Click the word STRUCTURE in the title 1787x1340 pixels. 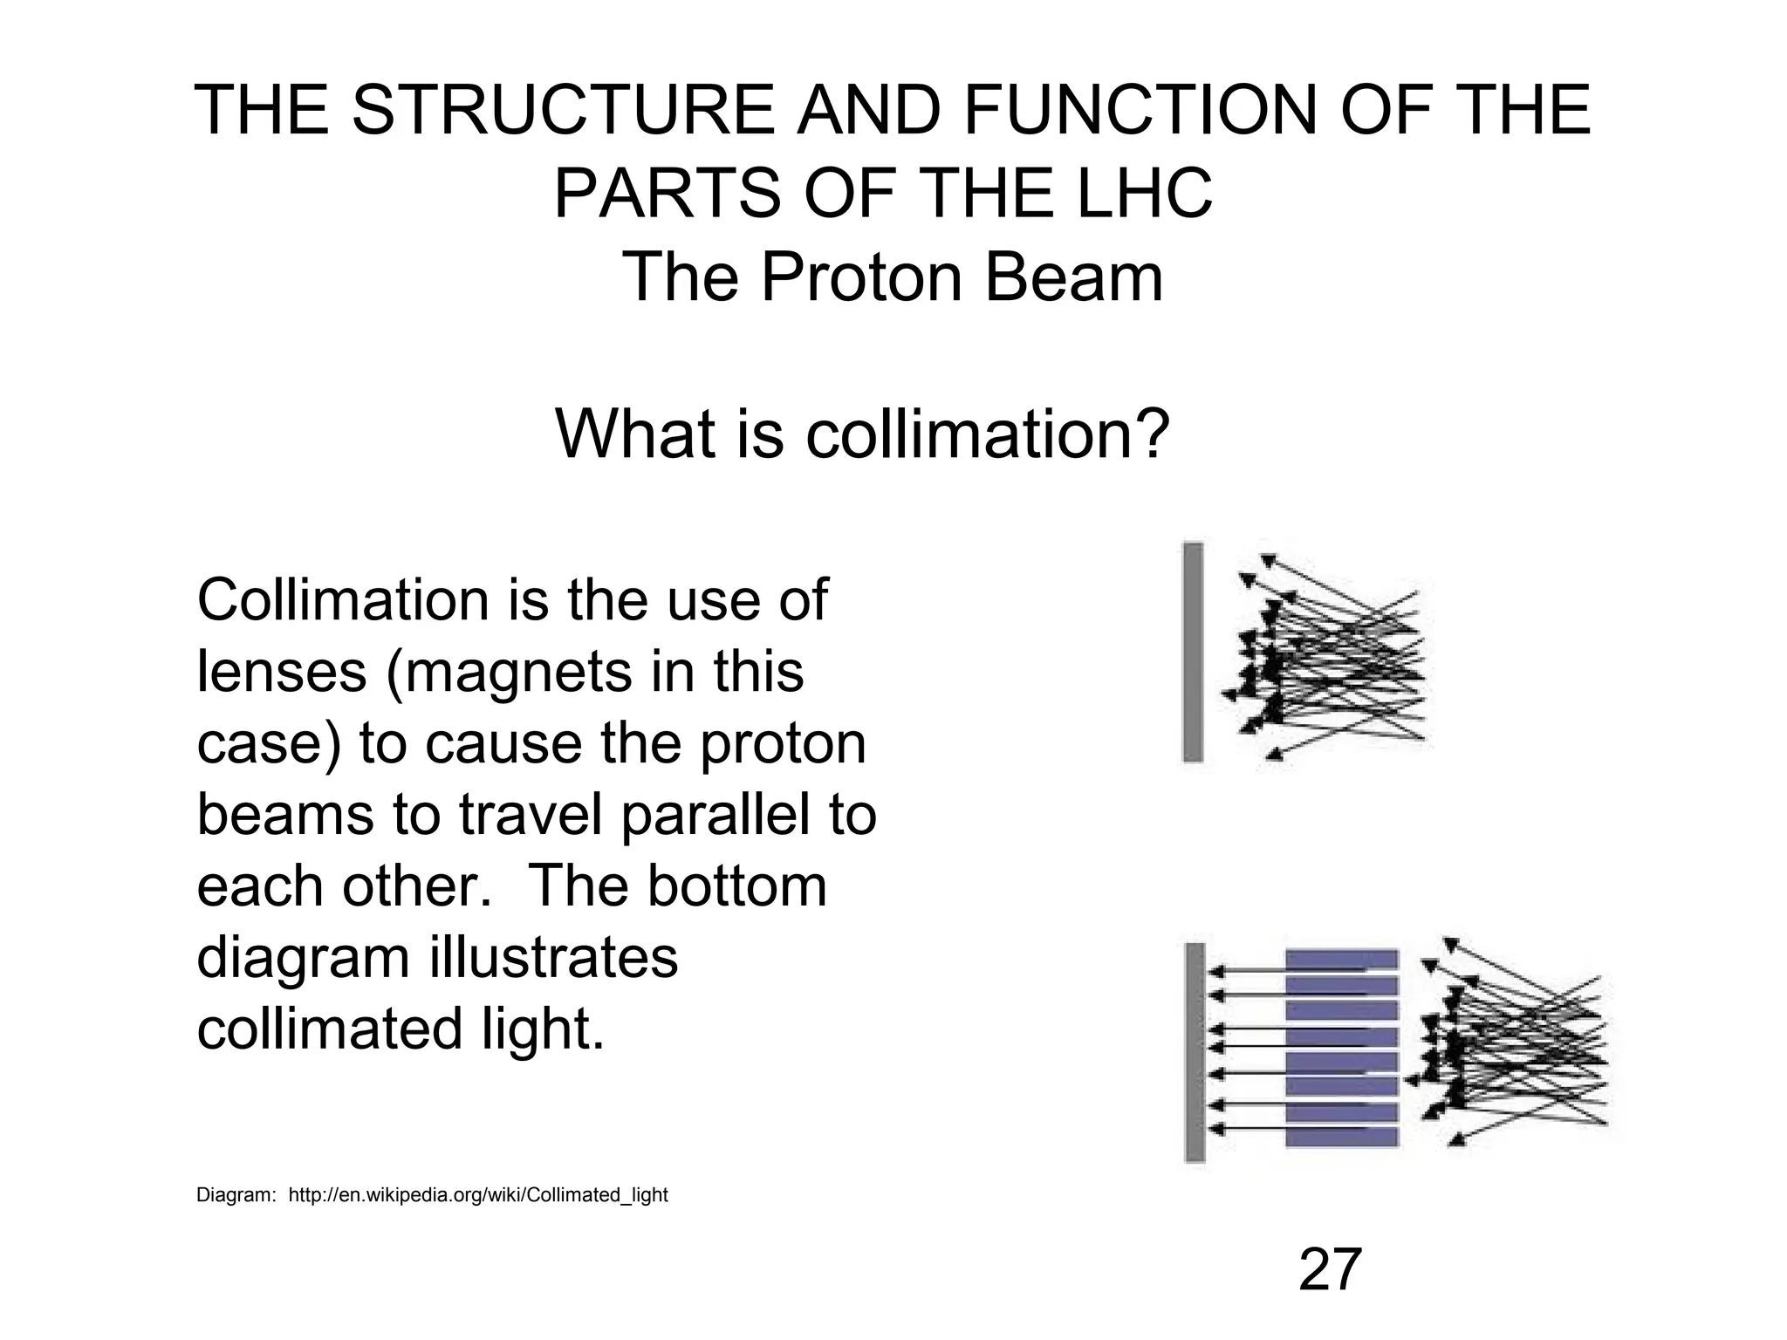coord(562,110)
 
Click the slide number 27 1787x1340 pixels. coord(1330,1269)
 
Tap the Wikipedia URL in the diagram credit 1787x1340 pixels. coord(477,1195)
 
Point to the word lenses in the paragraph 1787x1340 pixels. coord(281,673)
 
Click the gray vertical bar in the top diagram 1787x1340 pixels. coord(1193,653)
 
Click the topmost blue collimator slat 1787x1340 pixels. coord(1342,960)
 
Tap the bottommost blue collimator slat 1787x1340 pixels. coord(1342,1137)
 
